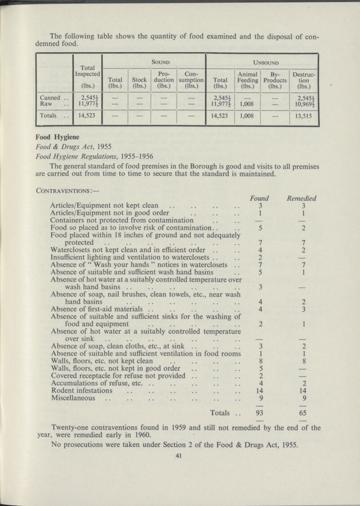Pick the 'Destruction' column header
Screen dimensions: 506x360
tap(303, 79)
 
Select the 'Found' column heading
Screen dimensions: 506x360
tap(260, 197)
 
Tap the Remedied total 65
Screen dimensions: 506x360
tap(302, 413)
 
